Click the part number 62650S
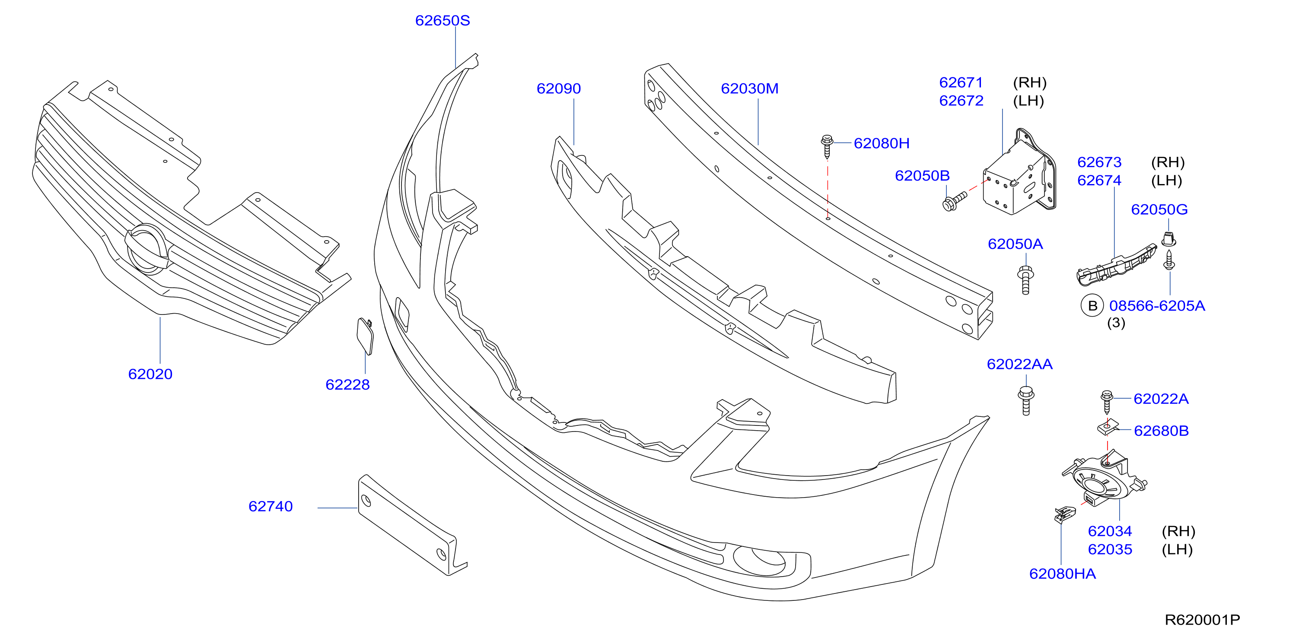pyautogui.click(x=442, y=21)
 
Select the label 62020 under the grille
pyautogui.click(x=150, y=374)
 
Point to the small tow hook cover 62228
pyautogui.click(x=366, y=336)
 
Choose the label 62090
pyautogui.click(x=559, y=89)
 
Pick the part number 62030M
pyautogui.click(x=749, y=89)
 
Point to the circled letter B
pyautogui.click(x=1092, y=306)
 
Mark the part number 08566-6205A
pyautogui.click(x=1157, y=306)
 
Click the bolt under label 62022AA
pyautogui.click(x=1026, y=401)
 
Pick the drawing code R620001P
pyautogui.click(x=1202, y=620)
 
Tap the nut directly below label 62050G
pyautogui.click(x=1168, y=239)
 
